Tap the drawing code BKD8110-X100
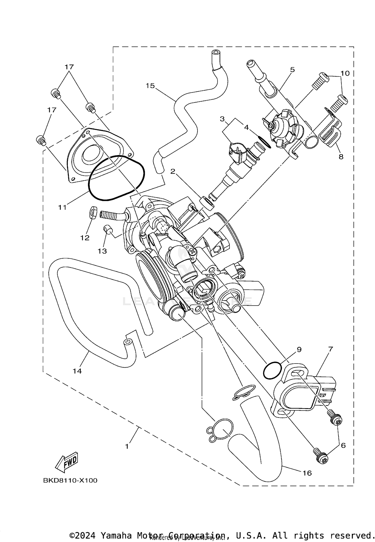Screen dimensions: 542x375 (x=70, y=480)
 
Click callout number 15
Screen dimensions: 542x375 (x=150, y=86)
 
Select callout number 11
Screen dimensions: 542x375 (x=62, y=207)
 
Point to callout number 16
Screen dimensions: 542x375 (x=307, y=473)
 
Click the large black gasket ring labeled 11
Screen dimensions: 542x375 (x=116, y=178)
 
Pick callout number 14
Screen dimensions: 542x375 (x=77, y=371)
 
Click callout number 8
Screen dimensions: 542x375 (x=341, y=157)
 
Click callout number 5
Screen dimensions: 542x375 (x=292, y=70)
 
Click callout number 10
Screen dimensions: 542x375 (x=345, y=73)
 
